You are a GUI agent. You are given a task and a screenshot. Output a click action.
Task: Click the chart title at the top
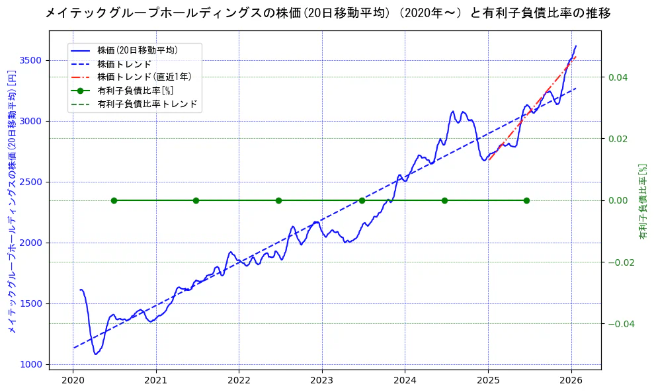(327, 13)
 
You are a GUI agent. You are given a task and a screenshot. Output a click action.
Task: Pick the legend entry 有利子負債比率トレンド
(147, 104)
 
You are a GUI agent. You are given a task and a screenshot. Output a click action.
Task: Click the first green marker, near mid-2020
(114, 200)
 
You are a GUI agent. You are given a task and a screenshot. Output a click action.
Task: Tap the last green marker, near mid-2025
(526, 200)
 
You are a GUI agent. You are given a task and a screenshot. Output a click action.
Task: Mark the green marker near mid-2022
(278, 200)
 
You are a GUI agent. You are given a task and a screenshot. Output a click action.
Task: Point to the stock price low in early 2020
(96, 354)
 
